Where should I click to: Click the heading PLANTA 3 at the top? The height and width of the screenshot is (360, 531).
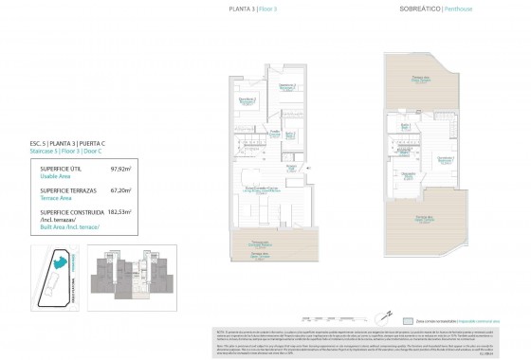pyautogui.click(x=243, y=9)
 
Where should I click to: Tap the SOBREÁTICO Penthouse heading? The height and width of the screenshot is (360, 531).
pyautogui.click(x=415, y=9)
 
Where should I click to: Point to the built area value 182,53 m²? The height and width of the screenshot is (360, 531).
pyautogui.click(x=119, y=212)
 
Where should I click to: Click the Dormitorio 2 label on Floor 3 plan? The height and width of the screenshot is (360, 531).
pyautogui.click(x=247, y=99)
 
